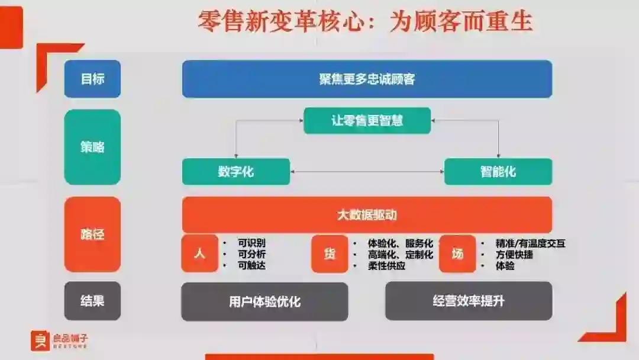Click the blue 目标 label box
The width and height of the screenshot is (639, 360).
coord(92,79)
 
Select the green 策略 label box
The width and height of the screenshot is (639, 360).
coord(92,147)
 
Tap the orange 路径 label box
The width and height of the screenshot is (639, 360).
coord(92,234)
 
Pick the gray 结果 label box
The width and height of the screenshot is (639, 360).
coord(92,301)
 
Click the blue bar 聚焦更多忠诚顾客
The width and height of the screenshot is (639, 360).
coord(367,79)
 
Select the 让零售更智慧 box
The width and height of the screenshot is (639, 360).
coord(367,121)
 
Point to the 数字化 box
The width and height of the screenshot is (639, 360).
coord(235,172)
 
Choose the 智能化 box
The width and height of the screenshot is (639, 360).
coord(498,172)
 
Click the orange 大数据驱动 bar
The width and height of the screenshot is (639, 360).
coord(367,214)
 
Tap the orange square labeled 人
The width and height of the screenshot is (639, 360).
coord(199,254)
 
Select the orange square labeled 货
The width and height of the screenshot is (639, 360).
coord(329,254)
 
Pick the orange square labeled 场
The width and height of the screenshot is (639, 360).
coord(457,254)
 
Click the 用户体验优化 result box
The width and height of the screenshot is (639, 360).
coord(264,301)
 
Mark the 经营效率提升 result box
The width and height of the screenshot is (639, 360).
coord(468,301)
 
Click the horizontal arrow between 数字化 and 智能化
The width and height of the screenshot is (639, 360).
coord(367,172)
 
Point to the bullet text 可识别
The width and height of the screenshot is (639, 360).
coord(251,243)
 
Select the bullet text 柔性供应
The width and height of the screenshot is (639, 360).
coord(386,266)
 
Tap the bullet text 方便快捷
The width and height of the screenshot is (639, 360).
coord(514,255)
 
